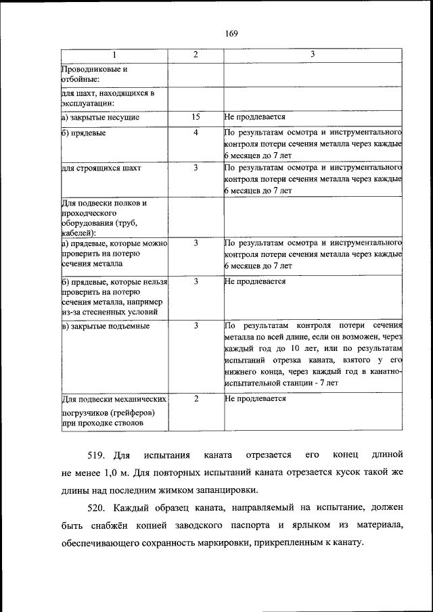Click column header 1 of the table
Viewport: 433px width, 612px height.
coord(114,54)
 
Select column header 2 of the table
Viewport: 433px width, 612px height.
coord(196,54)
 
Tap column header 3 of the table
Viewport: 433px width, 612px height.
coord(313,54)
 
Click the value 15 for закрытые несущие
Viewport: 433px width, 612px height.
coord(196,117)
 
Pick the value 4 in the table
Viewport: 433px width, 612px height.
coord(196,133)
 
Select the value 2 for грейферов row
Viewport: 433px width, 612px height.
coord(196,399)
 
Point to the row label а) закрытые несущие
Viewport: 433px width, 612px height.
coord(101,117)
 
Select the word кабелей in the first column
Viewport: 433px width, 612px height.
coord(78,232)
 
